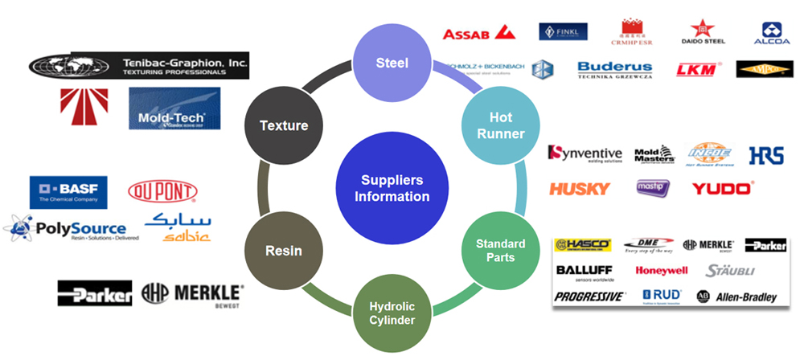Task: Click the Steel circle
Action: [x=392, y=63]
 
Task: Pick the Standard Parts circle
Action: [x=500, y=250]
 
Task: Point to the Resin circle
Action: [x=283, y=250]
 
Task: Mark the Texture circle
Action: [x=283, y=125]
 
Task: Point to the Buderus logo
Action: [x=614, y=69]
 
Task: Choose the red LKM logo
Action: [x=696, y=69]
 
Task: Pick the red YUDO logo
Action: [x=722, y=189]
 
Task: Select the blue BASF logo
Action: [x=68, y=191]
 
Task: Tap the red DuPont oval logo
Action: [x=162, y=191]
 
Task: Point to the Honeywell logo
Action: [x=662, y=270]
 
